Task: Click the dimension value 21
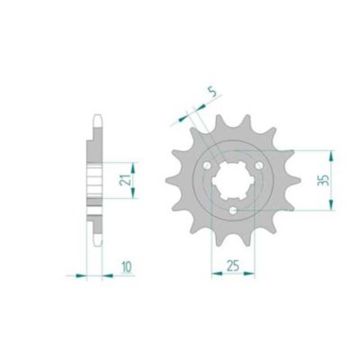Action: point(124,180)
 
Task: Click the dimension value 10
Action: point(127,266)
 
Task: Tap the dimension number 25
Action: point(233,265)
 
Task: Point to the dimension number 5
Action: point(212,93)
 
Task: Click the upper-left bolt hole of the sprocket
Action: point(207,166)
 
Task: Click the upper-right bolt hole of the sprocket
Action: point(258,166)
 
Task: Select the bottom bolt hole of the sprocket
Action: point(233,211)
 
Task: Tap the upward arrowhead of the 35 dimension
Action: point(330,156)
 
